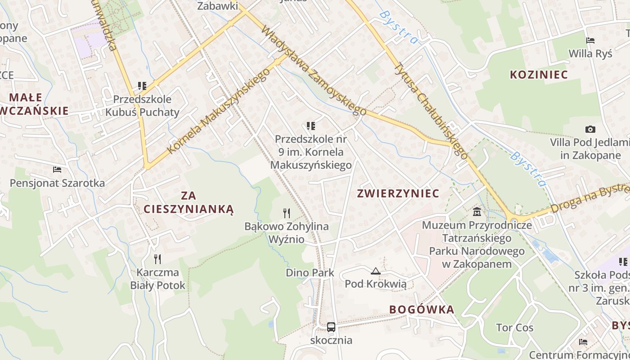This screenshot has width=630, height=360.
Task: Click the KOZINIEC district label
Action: (539, 75)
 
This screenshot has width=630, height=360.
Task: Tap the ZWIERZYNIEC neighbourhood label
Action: (398, 193)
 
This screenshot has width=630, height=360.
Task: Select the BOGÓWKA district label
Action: (422, 310)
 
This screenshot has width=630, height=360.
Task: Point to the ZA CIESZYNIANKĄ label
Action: (189, 202)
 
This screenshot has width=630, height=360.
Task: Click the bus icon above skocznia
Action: (331, 327)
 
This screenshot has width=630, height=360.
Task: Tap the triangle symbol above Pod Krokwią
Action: (376, 271)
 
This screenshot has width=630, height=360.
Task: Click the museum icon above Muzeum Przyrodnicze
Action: (477, 211)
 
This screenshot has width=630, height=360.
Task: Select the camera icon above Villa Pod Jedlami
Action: (590, 130)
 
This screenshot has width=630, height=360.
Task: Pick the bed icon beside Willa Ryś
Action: (590, 40)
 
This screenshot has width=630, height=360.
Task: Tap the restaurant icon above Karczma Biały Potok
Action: (157, 259)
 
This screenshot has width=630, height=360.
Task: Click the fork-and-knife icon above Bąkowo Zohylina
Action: (287, 213)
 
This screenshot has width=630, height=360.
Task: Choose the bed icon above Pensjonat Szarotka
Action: (57, 170)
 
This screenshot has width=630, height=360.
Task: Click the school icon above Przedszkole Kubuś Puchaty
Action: (142, 85)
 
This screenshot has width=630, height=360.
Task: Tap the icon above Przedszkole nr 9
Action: (311, 126)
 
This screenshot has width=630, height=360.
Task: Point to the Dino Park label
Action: (310, 273)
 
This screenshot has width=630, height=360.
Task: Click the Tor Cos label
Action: (515, 328)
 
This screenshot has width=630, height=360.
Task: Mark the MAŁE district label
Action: (26, 97)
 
